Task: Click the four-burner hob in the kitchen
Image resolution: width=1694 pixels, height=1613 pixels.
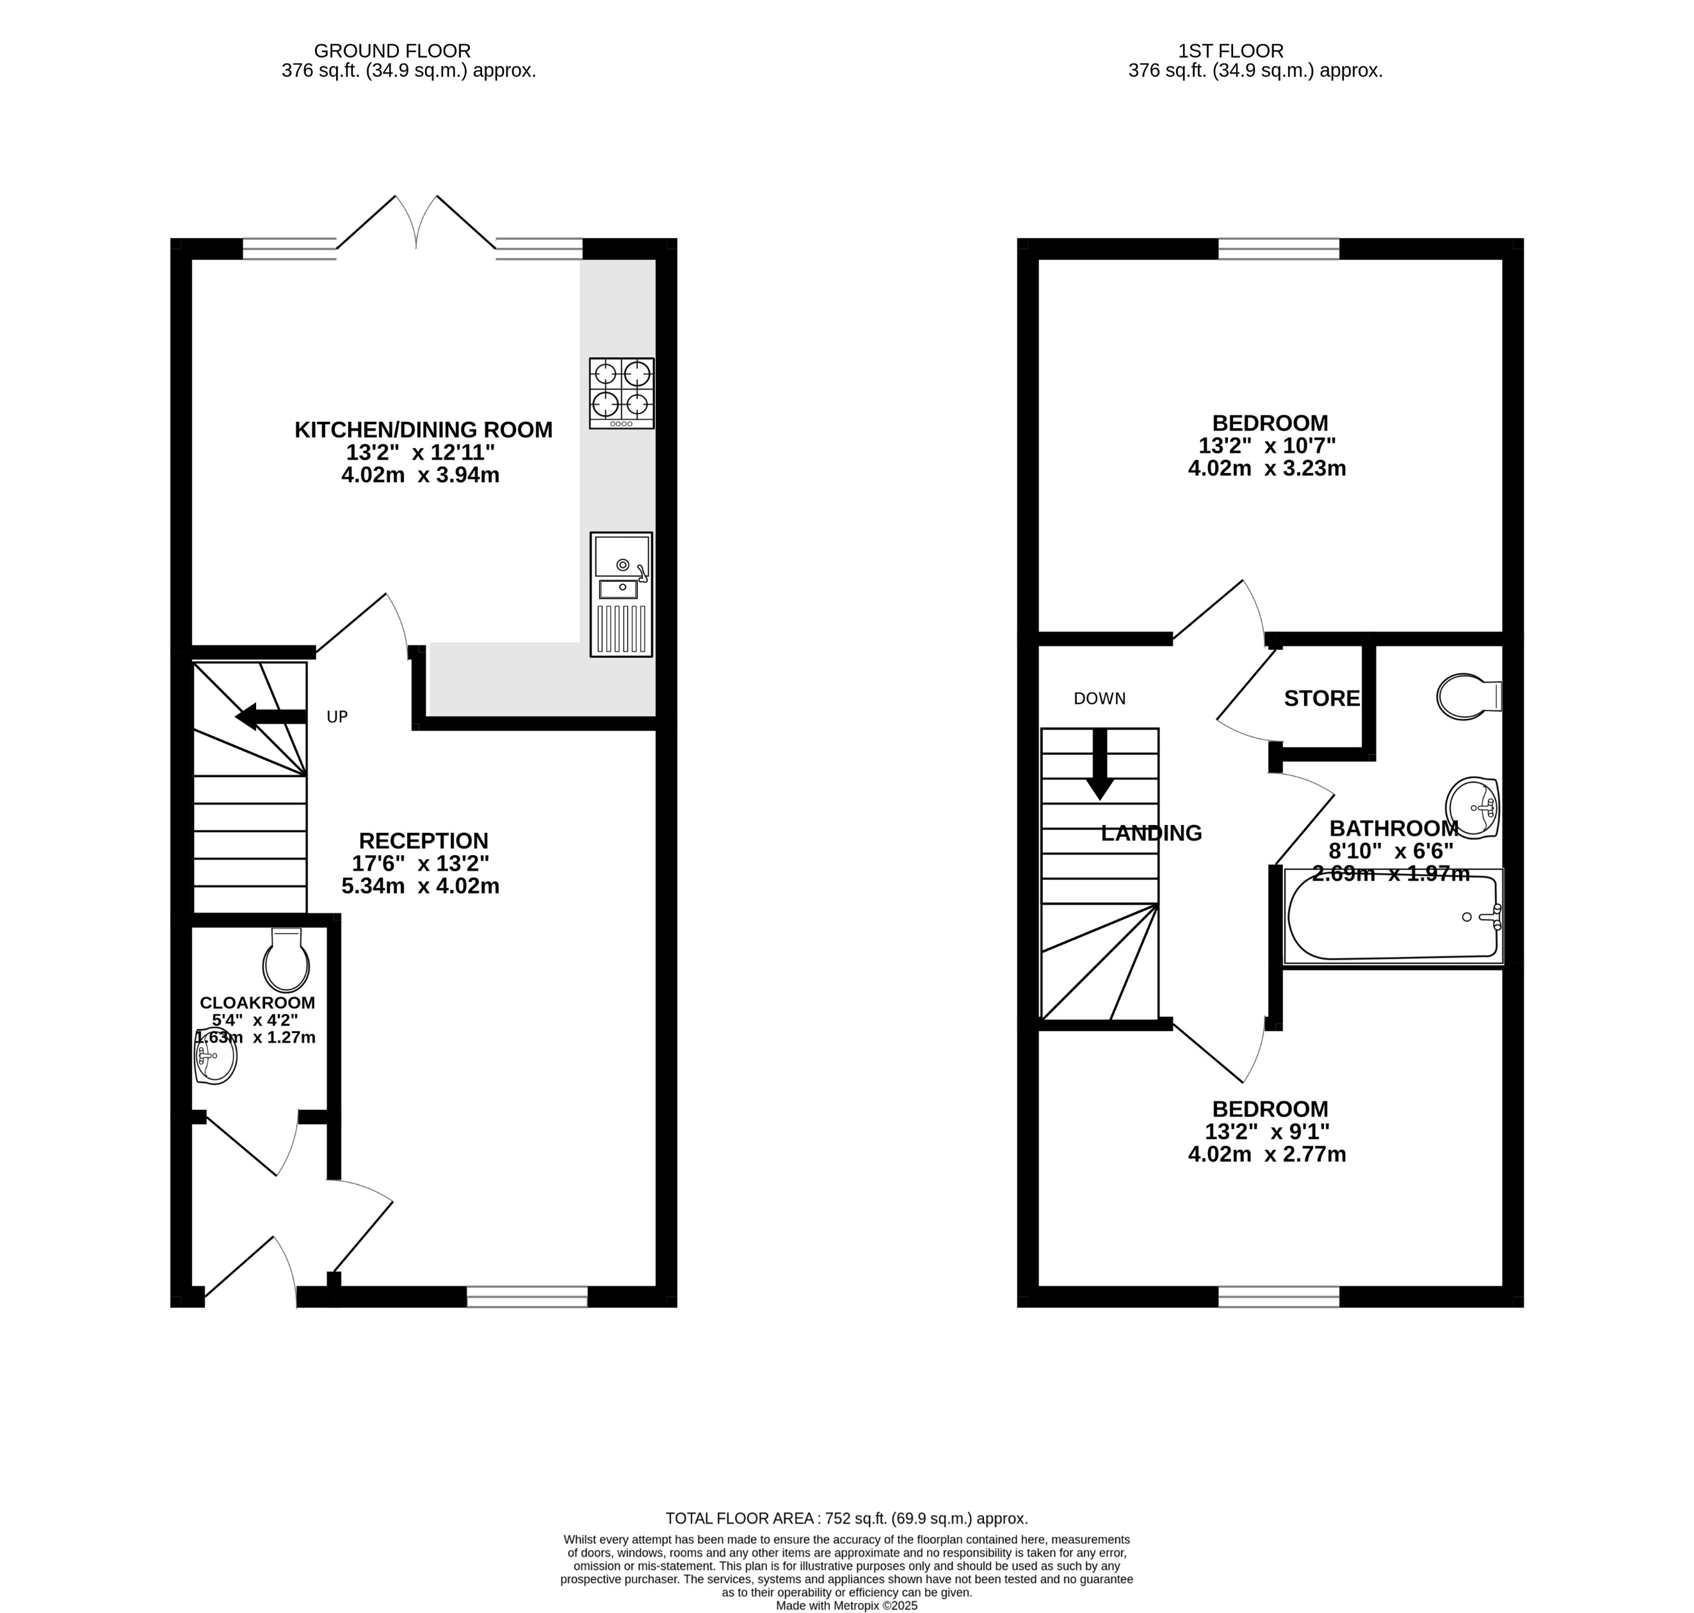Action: [621, 393]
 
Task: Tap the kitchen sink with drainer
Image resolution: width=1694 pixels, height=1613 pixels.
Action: [621, 594]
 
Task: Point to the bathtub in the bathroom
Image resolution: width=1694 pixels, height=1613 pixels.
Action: [1392, 917]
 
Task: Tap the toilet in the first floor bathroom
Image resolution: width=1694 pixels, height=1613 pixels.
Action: [1467, 696]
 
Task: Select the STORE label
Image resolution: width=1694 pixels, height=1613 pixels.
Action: [1321, 698]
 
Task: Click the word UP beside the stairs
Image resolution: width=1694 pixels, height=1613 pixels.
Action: [337, 716]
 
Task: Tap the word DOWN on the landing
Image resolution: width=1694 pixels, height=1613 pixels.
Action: [1099, 698]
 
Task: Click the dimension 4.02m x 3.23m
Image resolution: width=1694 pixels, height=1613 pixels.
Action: [1266, 469]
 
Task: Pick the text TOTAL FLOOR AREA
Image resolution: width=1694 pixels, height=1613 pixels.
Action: [741, 1518]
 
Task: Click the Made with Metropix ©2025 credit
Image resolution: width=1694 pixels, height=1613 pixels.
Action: [846, 1605]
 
